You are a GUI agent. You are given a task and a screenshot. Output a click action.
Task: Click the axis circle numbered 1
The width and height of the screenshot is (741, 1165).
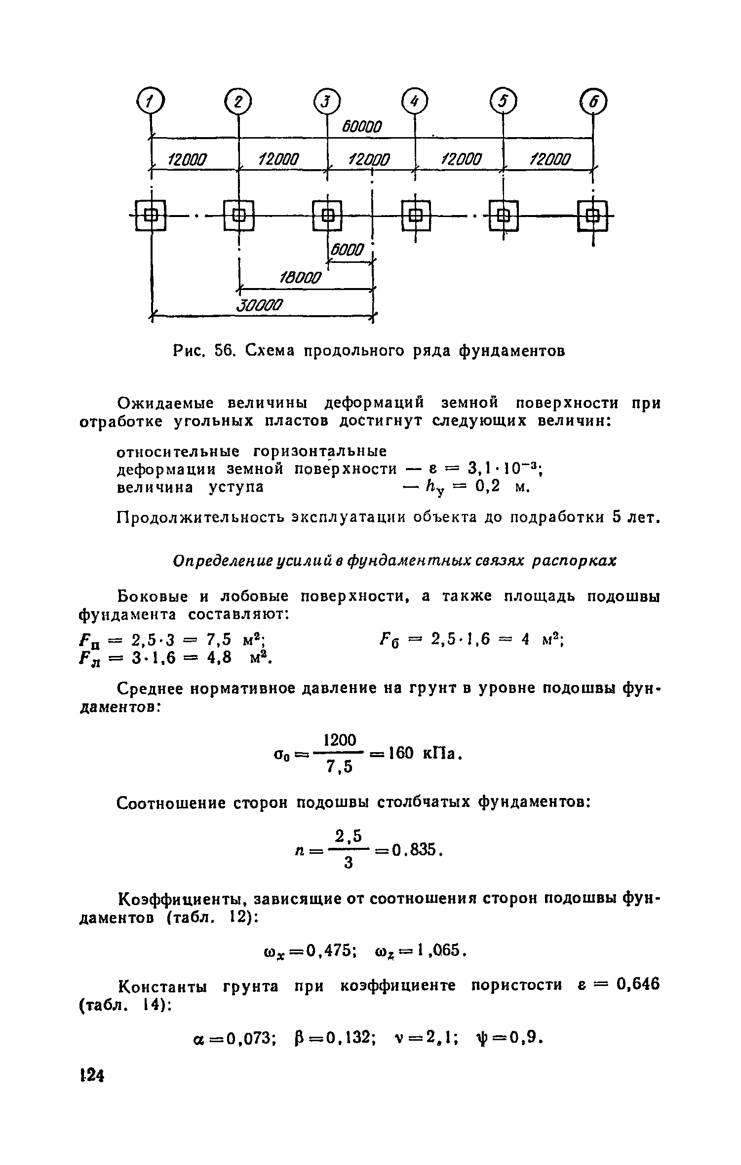pyautogui.click(x=151, y=103)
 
